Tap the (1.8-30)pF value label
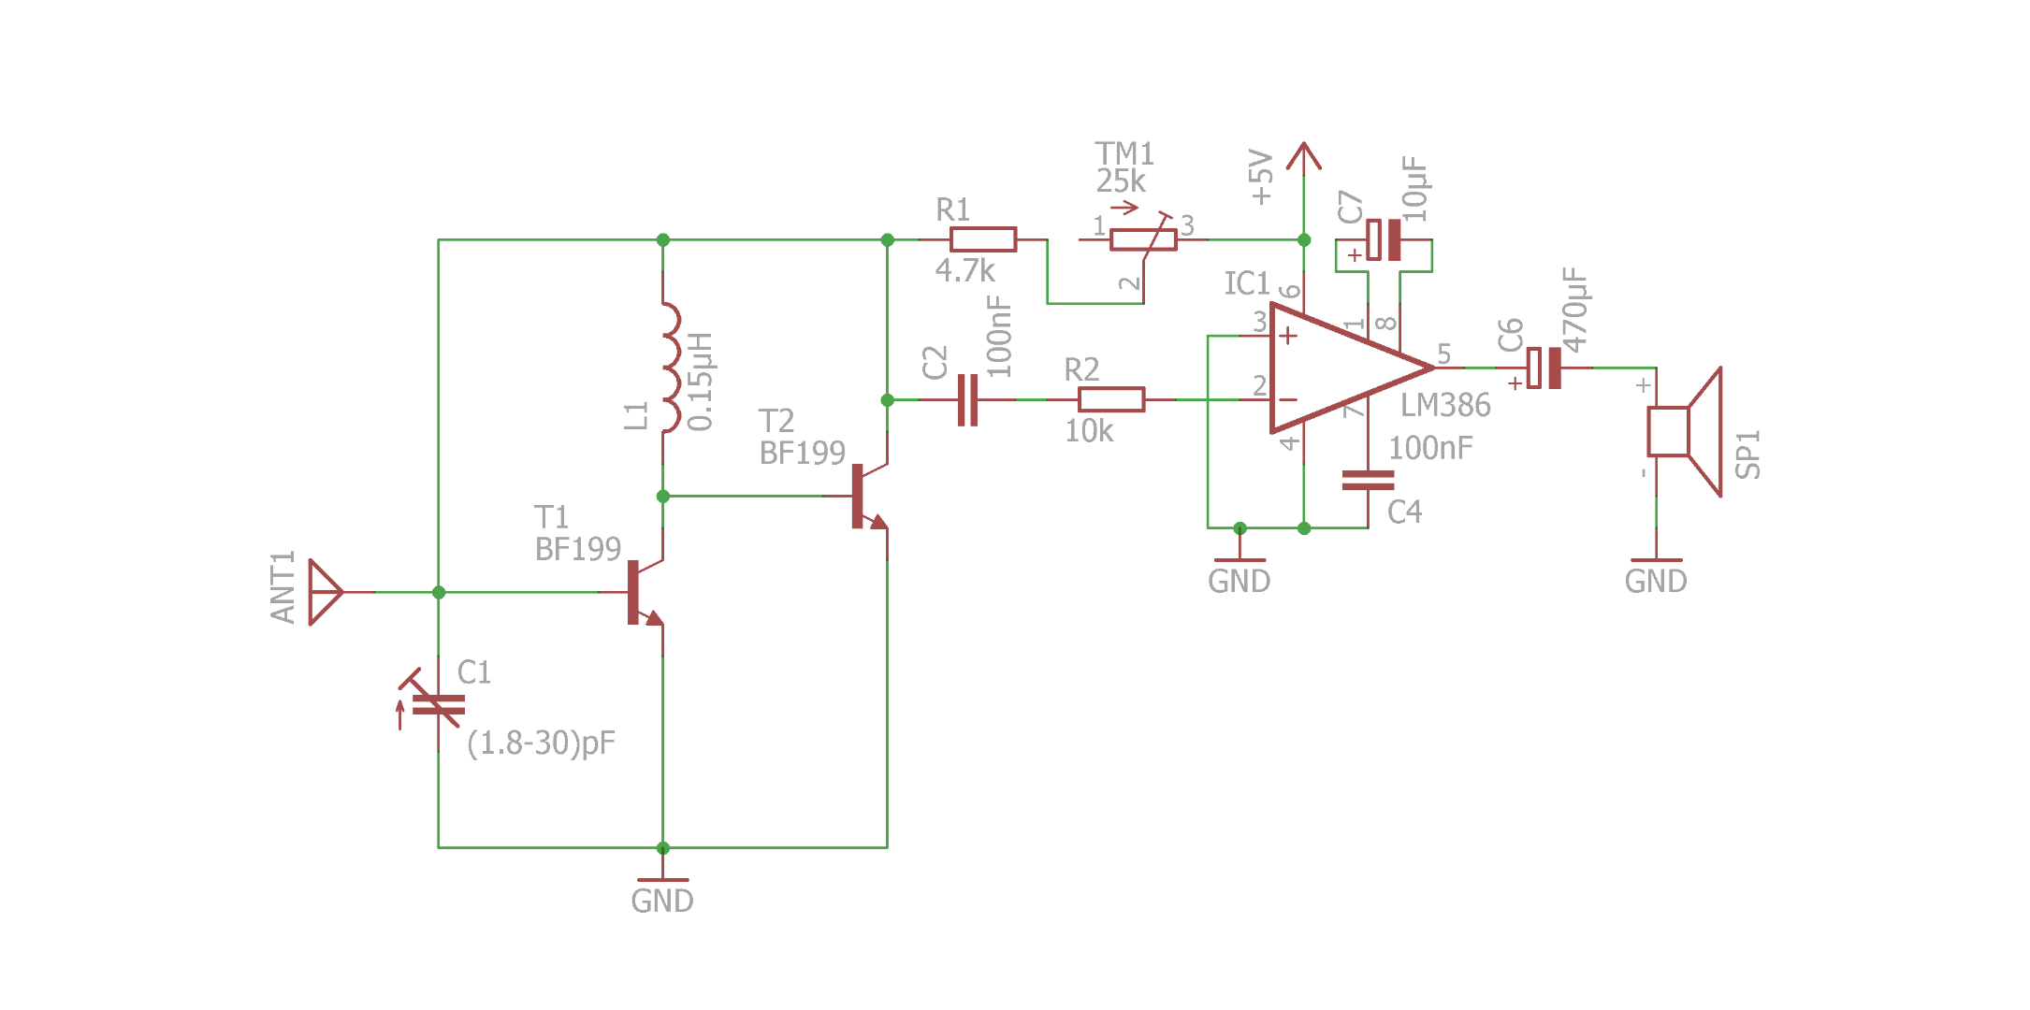541,743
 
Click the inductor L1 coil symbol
669,368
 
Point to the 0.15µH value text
701,382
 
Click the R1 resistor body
983,239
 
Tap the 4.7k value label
964,271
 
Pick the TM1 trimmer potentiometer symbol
1143,239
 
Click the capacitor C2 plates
967,400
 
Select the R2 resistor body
1111,400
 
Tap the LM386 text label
1445,406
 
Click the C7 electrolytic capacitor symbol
1384,239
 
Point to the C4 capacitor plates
1368,481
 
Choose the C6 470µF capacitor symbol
1544,368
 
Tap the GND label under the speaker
1656,582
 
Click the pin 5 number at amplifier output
1444,353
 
